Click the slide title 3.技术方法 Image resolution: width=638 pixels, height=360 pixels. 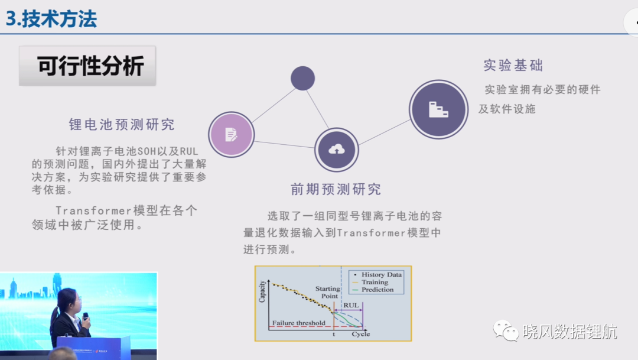click(51, 19)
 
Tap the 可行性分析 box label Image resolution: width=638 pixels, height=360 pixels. click(90, 66)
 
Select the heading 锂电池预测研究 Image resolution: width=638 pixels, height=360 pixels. click(122, 124)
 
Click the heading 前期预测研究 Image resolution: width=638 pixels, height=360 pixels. click(336, 189)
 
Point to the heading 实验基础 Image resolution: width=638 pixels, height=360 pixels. click(513, 65)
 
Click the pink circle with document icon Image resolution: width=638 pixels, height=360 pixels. click(232, 134)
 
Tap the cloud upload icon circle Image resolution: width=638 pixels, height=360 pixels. click(337, 150)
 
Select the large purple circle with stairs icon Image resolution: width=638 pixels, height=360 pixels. click(438, 109)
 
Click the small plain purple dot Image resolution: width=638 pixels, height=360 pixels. click(302, 78)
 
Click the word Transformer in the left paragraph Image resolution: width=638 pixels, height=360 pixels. click(93, 210)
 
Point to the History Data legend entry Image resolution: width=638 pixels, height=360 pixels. click(377, 275)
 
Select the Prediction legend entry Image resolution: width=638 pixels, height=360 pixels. click(373, 290)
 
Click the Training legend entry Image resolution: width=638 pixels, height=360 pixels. click(370, 282)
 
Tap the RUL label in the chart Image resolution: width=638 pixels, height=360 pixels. click(351, 306)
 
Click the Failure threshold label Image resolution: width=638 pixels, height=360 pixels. click(299, 323)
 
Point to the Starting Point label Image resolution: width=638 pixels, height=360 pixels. click(328, 292)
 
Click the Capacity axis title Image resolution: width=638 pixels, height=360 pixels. click(262, 291)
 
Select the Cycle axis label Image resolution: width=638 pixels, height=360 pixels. click(361, 334)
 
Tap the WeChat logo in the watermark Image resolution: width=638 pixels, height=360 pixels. click(506, 330)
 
